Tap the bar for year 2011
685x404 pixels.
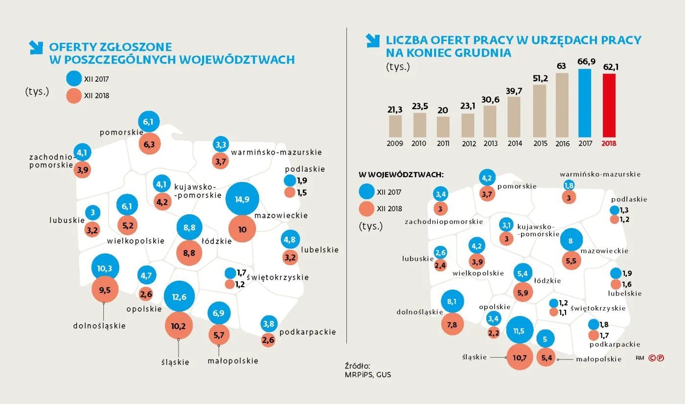coord(443,127)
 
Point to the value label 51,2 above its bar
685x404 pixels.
coord(539,78)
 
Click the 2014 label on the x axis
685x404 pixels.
coord(514,144)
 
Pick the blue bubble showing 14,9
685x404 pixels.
coord(242,199)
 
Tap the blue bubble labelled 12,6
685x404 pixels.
coord(179,296)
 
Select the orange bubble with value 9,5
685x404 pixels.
coord(105,290)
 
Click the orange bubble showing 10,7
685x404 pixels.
coord(520,358)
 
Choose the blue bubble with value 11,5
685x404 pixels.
coord(519,331)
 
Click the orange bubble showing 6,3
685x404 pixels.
coord(146,144)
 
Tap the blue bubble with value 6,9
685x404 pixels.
coord(219,313)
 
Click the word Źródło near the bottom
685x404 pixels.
coord(358,365)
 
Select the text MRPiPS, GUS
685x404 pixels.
coord(368,375)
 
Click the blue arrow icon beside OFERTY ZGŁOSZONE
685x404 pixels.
coord(36,47)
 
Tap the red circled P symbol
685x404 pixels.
coord(660,358)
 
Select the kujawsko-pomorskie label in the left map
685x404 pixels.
coord(194,191)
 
